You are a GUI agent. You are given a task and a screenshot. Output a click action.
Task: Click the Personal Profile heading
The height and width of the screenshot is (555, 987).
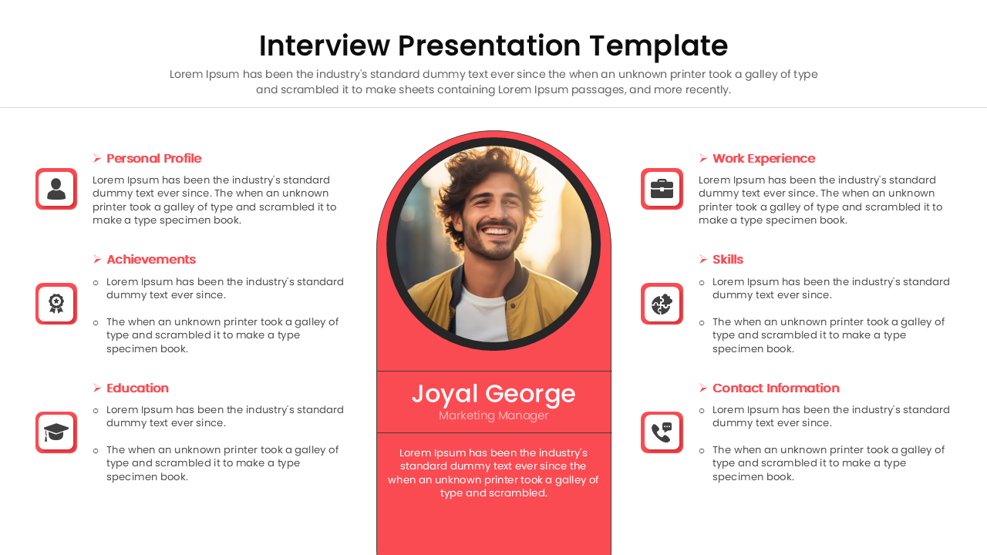point(153,159)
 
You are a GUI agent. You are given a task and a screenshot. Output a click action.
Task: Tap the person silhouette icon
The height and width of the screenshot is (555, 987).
point(56,189)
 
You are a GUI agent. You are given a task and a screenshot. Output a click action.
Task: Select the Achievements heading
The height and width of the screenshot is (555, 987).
point(151,260)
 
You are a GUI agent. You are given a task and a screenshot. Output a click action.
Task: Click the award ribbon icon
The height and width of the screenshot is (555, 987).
point(56,304)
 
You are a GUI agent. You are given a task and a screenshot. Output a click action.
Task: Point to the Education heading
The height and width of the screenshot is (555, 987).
point(137,388)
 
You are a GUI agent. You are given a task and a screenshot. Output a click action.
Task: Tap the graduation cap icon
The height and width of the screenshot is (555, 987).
point(56,432)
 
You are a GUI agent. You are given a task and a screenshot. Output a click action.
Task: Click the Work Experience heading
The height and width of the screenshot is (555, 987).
point(763,159)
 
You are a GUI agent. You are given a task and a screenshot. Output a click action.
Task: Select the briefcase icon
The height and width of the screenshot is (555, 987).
point(662,189)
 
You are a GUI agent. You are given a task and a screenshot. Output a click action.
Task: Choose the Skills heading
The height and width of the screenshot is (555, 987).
point(728,260)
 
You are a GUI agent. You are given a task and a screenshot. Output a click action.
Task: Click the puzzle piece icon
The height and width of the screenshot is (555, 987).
point(662,304)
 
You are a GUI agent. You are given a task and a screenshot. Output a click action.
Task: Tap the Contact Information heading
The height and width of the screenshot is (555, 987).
point(776,388)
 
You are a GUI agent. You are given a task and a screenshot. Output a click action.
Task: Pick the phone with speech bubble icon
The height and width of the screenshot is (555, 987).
point(662,432)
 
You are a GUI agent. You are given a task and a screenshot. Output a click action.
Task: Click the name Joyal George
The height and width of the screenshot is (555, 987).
point(493,394)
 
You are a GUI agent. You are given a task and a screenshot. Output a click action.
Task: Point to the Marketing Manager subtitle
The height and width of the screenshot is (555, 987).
point(493,416)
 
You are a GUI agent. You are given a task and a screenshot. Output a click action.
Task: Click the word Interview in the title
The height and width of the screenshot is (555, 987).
point(324,46)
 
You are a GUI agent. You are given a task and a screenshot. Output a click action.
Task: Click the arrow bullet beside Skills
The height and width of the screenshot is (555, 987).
point(703,260)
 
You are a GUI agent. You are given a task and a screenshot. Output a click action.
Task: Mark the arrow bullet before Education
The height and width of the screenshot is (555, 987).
point(97,388)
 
